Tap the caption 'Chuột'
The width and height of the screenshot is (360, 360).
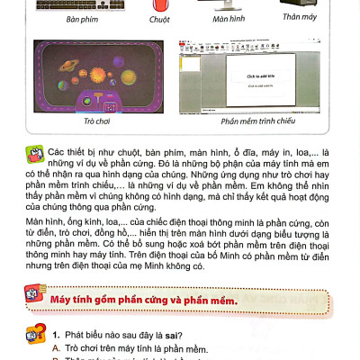coord(159,19)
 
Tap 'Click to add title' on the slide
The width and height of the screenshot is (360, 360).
coord(259,76)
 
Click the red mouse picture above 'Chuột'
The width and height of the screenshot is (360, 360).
coord(159,4)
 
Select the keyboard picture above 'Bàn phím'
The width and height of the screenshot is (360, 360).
coord(81,4)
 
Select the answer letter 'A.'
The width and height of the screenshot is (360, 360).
coord(56,348)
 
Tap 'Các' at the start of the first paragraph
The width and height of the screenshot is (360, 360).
coord(59,154)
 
